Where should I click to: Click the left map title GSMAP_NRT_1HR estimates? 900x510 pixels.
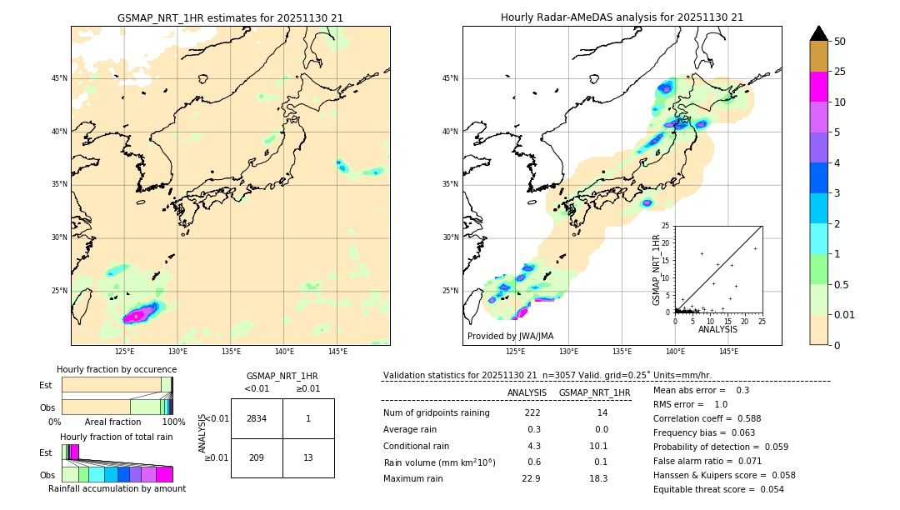point(230,17)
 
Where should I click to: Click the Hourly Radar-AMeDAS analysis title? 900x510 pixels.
point(622,17)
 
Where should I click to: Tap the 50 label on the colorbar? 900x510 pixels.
point(841,41)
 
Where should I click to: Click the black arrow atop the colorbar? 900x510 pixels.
point(819,33)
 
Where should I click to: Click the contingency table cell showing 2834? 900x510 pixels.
point(257,418)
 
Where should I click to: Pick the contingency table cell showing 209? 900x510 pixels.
point(257,457)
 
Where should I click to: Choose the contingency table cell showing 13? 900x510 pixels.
point(308,457)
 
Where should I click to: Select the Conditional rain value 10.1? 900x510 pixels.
point(600,446)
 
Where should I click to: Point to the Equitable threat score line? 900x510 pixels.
point(718,489)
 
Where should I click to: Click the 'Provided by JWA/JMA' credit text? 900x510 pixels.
point(510,336)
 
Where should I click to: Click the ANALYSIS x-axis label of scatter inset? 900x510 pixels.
point(717,329)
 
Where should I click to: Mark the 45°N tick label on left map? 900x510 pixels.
point(59,78)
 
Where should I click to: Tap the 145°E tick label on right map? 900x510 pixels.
point(728,352)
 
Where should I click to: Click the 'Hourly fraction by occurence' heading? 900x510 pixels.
point(117,369)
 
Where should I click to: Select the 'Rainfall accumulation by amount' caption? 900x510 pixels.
point(117,488)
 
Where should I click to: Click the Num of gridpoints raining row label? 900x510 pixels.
point(436,413)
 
